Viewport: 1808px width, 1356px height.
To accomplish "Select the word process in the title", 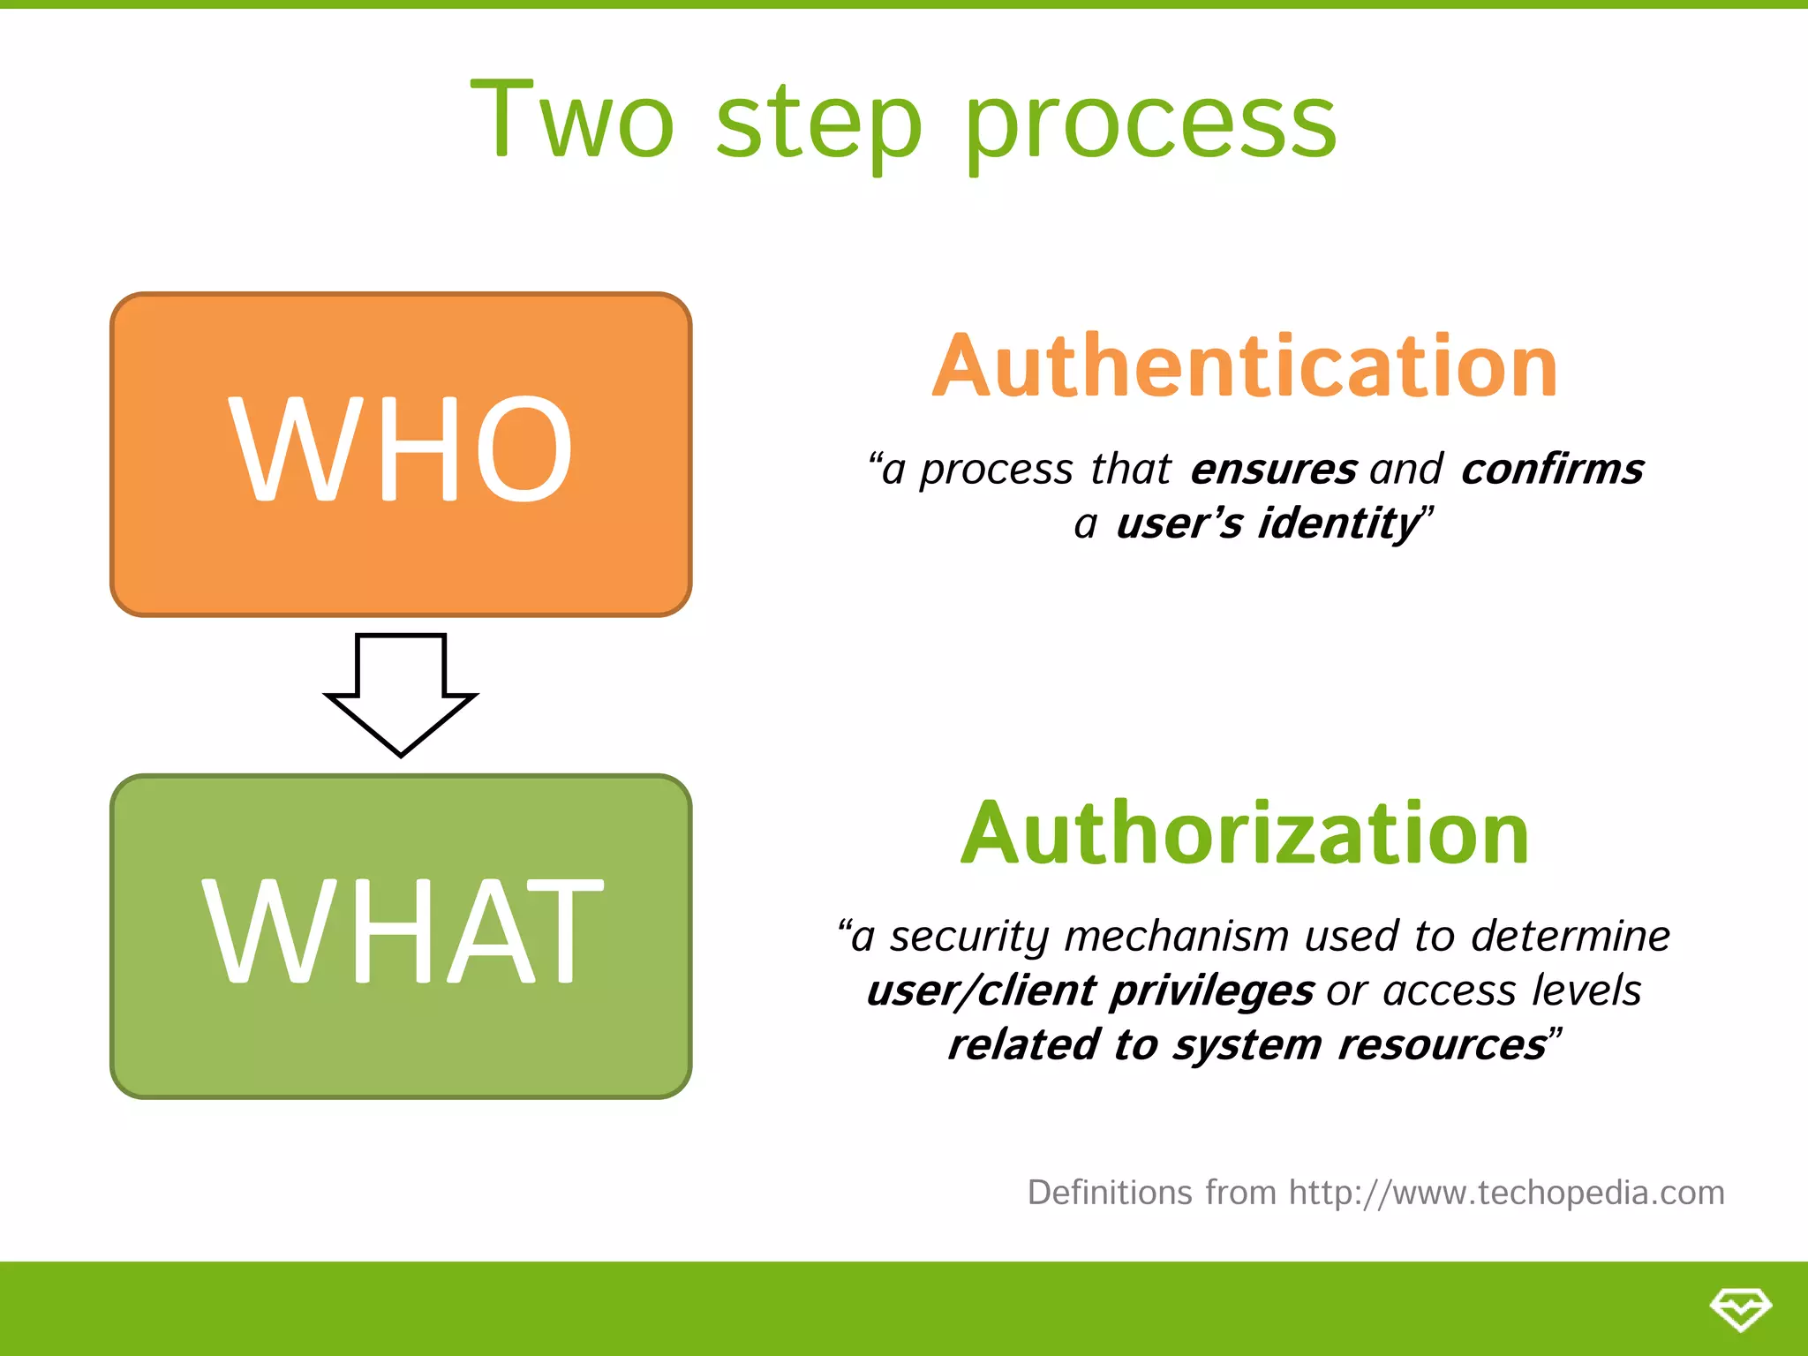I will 1150,124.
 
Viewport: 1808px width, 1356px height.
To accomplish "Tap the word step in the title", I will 818,124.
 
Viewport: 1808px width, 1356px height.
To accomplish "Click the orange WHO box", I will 401,454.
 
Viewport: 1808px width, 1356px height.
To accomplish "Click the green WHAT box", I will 401,936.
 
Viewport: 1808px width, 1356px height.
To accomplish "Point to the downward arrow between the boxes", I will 401,693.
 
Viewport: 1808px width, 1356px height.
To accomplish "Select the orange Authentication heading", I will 1245,365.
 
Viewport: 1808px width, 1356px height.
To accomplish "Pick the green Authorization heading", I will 1245,832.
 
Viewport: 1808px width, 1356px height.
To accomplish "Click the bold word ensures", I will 1273,469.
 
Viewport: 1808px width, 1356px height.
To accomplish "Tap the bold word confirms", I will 1552,469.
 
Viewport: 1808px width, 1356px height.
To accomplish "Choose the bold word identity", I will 1338,524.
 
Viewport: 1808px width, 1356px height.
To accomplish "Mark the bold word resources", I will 1441,1045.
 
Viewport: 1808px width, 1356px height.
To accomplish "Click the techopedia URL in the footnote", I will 1506,1193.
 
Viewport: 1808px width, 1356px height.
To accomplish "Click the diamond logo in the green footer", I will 1740,1308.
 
